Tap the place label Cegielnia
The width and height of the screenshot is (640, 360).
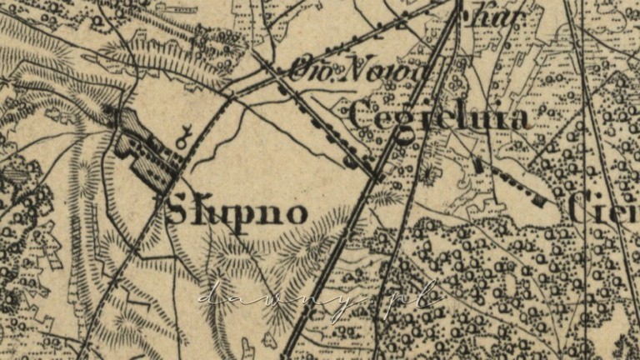(439, 117)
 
